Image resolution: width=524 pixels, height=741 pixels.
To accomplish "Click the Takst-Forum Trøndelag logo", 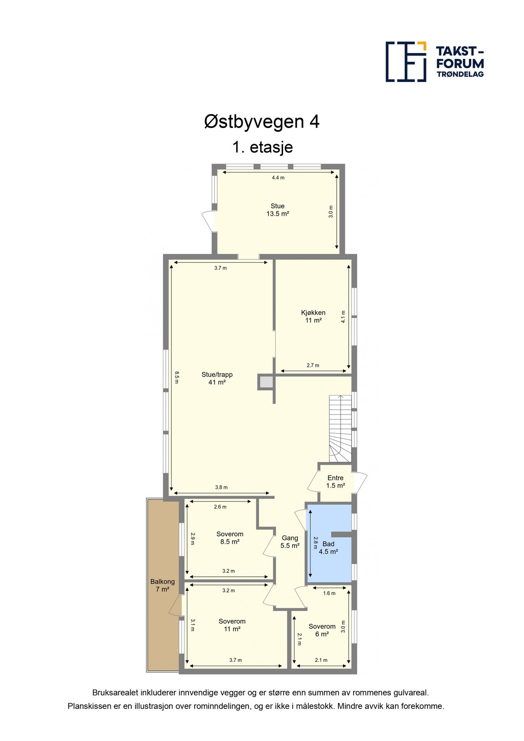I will click(x=434, y=62).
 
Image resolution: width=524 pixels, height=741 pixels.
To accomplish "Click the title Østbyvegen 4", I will click(x=262, y=122).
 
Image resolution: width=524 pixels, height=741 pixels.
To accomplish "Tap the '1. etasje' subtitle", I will click(x=262, y=147).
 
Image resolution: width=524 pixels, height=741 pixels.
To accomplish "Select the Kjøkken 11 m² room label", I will click(x=313, y=316).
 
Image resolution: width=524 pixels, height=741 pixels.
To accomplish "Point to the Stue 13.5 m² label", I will click(x=277, y=210).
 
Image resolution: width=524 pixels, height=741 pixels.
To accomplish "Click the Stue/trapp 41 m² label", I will click(x=217, y=378).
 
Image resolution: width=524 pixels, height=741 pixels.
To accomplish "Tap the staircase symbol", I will click(x=340, y=428).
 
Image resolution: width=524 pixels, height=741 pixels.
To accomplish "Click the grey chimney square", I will click(x=266, y=382).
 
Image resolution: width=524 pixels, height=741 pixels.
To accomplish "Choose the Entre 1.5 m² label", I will click(x=335, y=482).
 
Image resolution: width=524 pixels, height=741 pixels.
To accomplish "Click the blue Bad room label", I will click(x=328, y=548).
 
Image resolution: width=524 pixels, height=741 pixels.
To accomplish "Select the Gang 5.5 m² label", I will click(x=290, y=542).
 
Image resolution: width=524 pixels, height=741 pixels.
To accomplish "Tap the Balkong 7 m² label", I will click(x=163, y=585).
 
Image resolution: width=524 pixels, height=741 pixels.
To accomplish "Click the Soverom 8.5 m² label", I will click(x=230, y=538).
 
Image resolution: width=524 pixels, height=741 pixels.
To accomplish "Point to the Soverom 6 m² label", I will click(x=322, y=630).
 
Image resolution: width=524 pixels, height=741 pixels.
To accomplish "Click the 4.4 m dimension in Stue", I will click(x=278, y=178).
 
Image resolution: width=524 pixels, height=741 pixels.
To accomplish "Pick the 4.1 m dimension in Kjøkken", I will click(x=343, y=316).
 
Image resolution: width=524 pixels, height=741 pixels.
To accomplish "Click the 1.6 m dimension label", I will click(x=329, y=593).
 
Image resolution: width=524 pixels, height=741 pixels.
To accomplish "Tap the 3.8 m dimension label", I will click(x=221, y=487).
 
